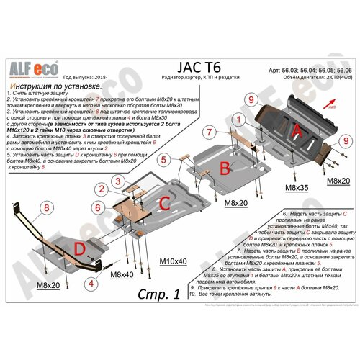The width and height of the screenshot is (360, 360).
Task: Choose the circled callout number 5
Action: pyautogui.click(x=164, y=159)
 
